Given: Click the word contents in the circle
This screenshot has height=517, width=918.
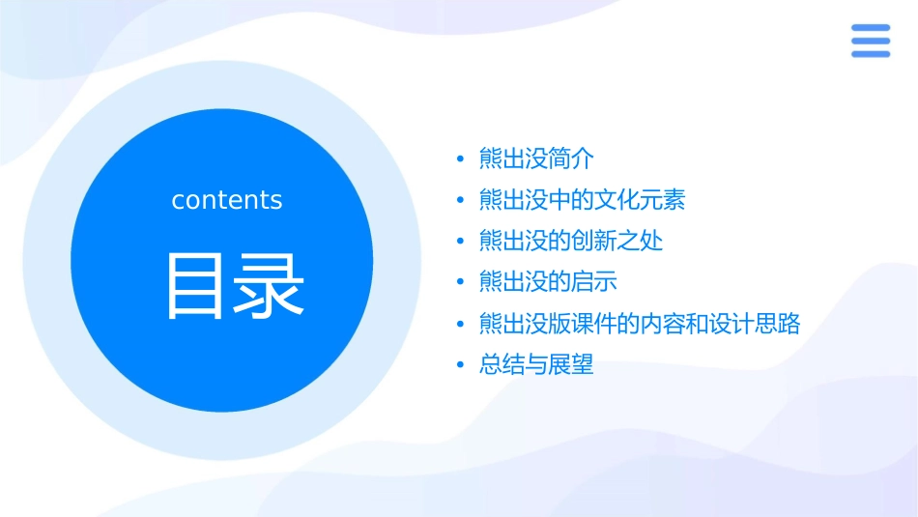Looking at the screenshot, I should coord(227,200).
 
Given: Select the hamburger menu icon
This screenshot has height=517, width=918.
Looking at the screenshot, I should coord(871,41).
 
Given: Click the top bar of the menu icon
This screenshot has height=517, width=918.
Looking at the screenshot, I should coord(871,27).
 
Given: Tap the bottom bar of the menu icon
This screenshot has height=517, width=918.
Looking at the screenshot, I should coord(871,54).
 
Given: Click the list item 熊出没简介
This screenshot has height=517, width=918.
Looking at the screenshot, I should coord(536,158).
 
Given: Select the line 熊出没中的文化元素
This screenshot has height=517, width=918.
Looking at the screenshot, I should coord(582,200).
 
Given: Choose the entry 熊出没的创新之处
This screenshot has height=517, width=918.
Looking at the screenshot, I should coord(571,241).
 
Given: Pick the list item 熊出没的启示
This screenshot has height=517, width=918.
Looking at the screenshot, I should coord(548,282).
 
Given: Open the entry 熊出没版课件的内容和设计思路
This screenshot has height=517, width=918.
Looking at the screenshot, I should coord(640,324).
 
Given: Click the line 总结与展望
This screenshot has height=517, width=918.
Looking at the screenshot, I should coord(536,365).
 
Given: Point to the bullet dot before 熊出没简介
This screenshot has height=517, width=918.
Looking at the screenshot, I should coord(460,159).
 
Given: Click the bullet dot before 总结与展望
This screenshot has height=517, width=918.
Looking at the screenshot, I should coord(460,366).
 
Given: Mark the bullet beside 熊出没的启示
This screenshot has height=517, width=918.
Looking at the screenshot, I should coord(460,283).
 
